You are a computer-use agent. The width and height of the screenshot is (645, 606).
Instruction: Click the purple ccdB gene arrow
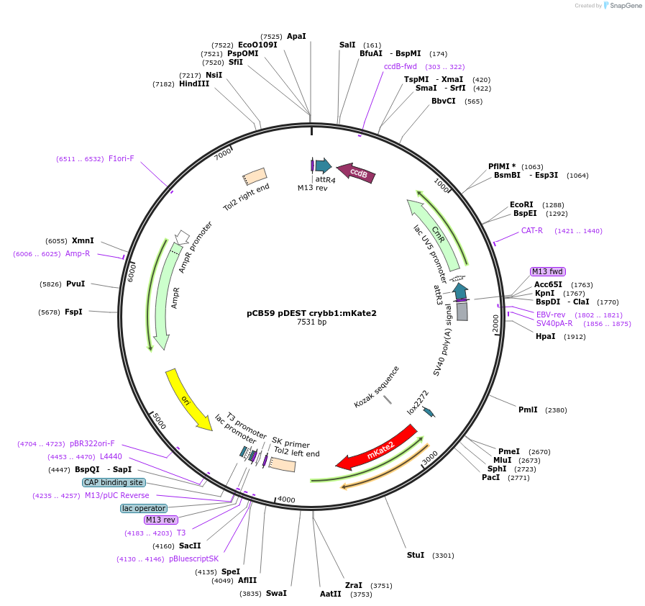pyautogui.click(x=357, y=173)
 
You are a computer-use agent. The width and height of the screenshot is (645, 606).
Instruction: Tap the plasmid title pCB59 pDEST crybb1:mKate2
pyautogui.click(x=311, y=313)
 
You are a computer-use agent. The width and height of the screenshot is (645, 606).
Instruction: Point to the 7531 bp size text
pyautogui.click(x=311, y=322)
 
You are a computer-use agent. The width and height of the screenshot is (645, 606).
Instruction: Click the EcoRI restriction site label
pyautogui.click(x=521, y=204)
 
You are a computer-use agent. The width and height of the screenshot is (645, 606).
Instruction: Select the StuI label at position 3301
pyautogui.click(x=416, y=555)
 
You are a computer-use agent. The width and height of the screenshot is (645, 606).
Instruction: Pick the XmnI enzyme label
pyautogui.click(x=83, y=240)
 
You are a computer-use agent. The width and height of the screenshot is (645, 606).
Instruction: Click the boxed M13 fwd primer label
pyautogui.click(x=548, y=271)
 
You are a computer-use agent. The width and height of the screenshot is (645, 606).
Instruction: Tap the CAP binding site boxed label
pyautogui.click(x=114, y=482)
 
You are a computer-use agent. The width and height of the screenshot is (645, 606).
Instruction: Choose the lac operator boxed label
pyautogui.click(x=144, y=508)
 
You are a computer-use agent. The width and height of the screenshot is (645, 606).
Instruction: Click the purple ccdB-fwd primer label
pyautogui.click(x=401, y=66)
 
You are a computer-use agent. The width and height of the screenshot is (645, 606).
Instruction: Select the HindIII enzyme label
pyautogui.click(x=194, y=84)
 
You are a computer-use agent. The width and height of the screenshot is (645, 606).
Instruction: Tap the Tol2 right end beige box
pyautogui.click(x=255, y=176)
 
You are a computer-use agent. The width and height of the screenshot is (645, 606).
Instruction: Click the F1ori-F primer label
pyautogui.click(x=121, y=158)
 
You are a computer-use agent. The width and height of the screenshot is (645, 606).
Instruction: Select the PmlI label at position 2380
pyautogui.click(x=528, y=410)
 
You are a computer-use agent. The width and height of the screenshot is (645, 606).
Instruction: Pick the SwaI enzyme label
pyautogui.click(x=276, y=593)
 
